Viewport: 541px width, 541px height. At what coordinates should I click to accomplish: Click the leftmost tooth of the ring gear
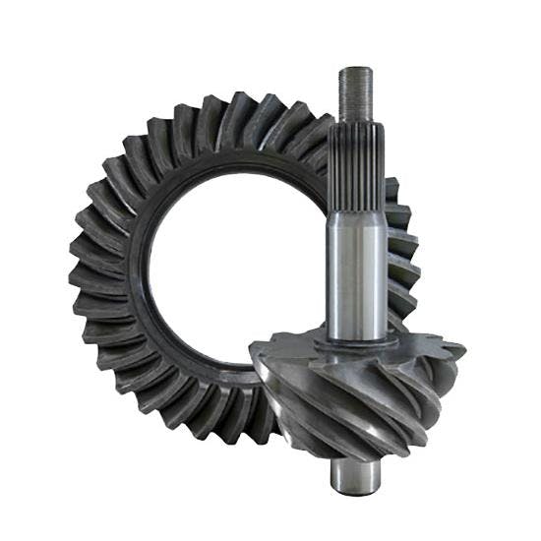coord(83,285)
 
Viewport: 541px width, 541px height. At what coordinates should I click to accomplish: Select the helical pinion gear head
coord(354,393)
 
